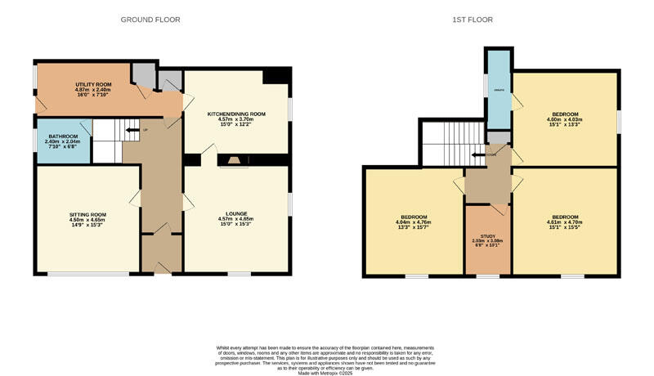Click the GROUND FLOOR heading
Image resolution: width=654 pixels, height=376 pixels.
point(150,19)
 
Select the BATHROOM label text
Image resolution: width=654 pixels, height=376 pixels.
point(62,137)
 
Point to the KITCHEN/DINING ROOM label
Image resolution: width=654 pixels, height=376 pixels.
point(236,114)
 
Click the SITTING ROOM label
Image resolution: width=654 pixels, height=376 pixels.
point(87,214)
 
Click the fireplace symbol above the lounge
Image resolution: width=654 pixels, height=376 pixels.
point(235,161)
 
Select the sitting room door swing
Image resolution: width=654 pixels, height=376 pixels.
point(134,199)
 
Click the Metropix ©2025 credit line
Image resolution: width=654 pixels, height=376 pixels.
point(326,368)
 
